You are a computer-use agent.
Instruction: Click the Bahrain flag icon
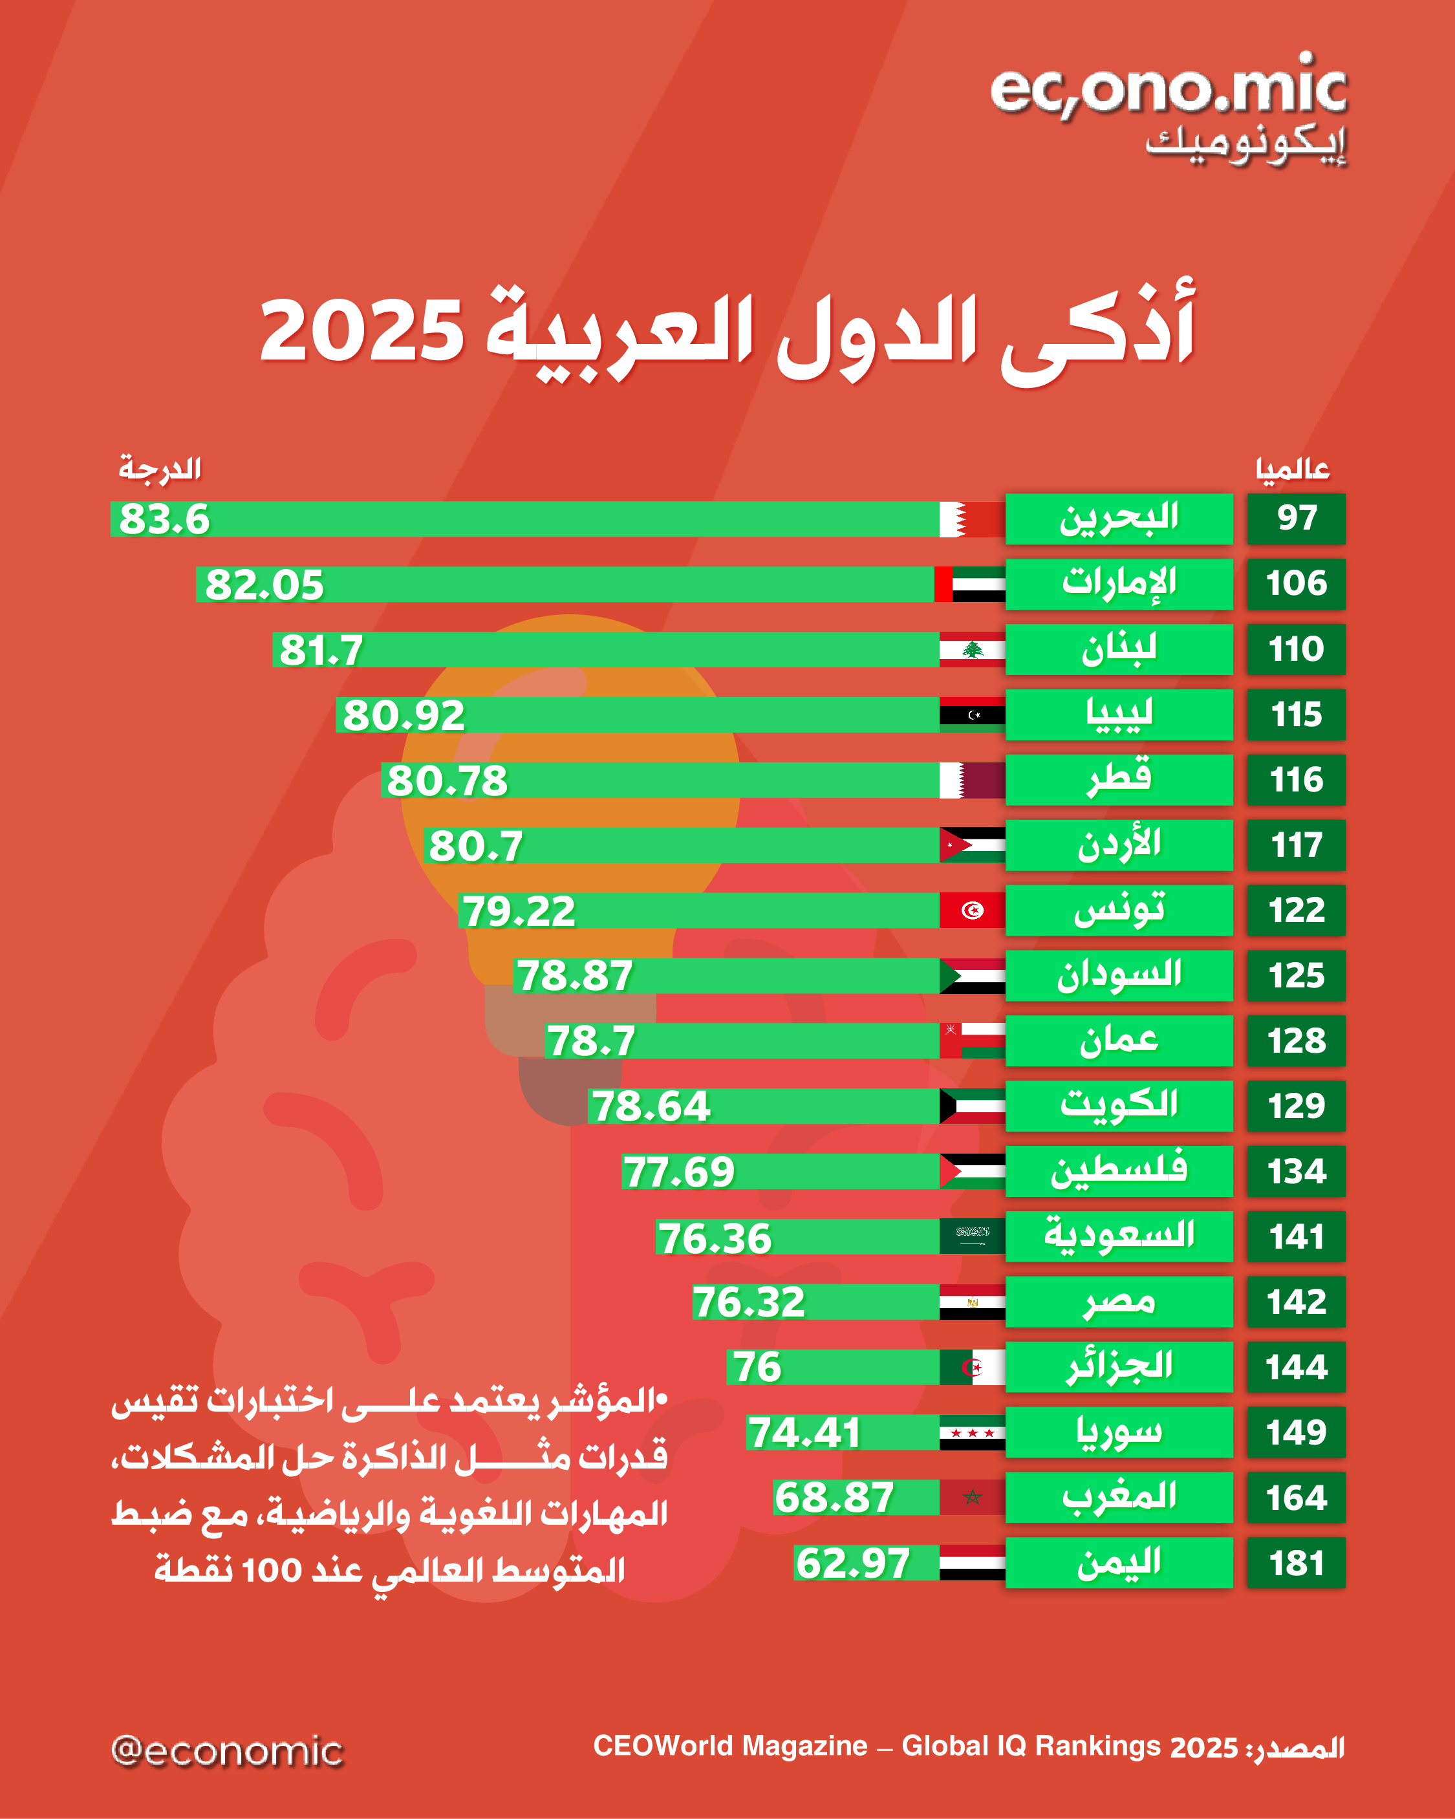point(971,519)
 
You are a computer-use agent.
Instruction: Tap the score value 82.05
point(264,585)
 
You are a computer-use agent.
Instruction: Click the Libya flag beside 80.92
point(971,715)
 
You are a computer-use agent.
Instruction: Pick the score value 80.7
point(476,845)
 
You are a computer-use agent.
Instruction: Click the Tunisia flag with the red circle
point(971,910)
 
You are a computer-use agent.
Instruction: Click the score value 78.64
point(651,1106)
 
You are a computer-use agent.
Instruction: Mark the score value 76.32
point(749,1302)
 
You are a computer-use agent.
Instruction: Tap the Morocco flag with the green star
point(971,1498)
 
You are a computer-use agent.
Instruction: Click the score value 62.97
point(852,1562)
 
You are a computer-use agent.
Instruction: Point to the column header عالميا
point(1292,469)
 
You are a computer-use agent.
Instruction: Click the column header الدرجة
point(160,468)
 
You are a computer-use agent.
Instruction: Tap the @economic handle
point(227,1750)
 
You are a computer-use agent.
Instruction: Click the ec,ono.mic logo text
point(1168,89)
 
